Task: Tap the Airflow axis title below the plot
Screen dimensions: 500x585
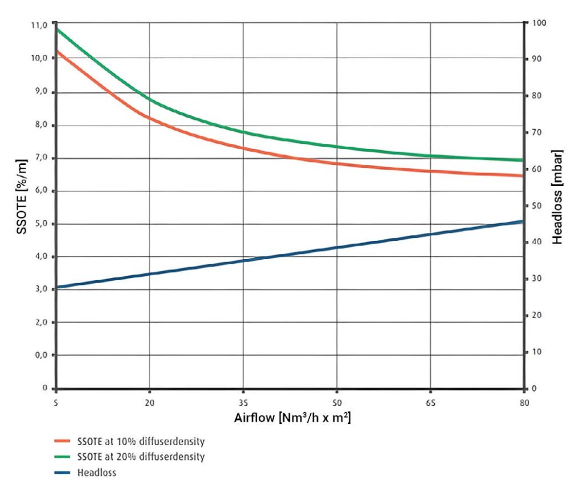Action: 292,418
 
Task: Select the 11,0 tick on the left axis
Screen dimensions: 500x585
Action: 39,26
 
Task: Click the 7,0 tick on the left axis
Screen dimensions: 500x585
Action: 39,158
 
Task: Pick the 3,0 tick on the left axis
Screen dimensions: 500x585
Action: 39,289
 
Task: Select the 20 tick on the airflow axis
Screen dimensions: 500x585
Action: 149,401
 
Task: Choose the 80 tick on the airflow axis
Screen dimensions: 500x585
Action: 524,401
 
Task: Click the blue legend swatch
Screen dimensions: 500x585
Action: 62,473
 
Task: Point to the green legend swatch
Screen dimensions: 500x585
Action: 62,457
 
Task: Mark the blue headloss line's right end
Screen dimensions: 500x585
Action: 523,221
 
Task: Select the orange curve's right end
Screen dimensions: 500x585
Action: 523,176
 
